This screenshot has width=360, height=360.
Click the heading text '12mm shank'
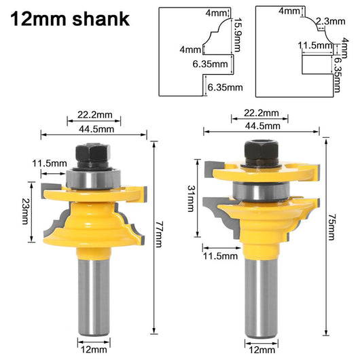pos(70,19)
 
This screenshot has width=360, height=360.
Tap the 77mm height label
pos(158,234)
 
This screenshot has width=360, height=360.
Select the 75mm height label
pos(331,228)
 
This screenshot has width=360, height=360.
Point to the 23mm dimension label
pos(25,211)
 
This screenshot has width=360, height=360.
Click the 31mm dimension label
pos(191,198)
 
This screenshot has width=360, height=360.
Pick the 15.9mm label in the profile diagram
pos(237,35)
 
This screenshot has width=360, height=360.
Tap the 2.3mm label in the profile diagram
pos(331,21)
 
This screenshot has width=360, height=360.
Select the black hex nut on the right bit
pos(262,152)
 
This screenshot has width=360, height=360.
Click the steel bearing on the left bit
pos(93,179)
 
